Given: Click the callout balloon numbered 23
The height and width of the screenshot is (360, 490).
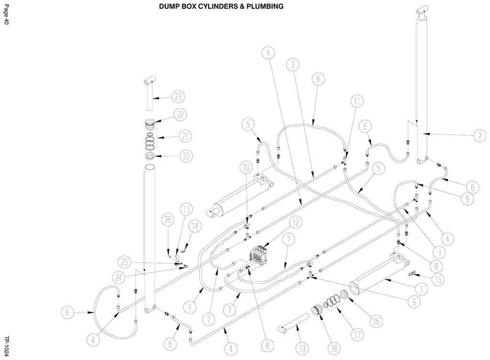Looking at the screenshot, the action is coord(178,97).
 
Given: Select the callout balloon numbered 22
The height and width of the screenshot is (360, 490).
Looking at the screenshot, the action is coord(180,115).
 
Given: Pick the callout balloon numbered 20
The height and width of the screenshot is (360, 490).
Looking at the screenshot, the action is coord(186,156).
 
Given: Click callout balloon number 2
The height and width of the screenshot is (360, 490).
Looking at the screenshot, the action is coord(480,135).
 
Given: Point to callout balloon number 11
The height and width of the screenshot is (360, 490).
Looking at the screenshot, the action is coord(357,101).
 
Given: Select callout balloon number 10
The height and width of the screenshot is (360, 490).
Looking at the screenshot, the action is coord(246,167).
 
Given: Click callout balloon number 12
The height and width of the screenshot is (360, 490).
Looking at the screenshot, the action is coord(296,222).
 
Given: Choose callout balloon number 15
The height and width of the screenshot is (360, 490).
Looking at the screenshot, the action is coord(438,279).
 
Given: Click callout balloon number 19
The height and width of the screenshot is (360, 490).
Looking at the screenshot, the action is coord(302,349).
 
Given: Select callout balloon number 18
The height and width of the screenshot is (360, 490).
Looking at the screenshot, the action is coord(334,349).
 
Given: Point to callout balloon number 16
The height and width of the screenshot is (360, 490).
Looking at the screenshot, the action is coord(377,321).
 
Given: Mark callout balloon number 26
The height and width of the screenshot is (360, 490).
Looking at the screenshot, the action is coord(168,220).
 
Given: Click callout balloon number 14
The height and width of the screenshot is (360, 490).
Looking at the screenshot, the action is coord(195,226).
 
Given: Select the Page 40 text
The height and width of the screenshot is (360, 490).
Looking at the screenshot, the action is coord(6,14).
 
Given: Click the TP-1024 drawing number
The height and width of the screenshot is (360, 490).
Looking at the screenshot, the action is coord(6,346).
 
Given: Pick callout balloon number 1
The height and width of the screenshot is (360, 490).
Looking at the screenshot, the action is coord(422,290).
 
